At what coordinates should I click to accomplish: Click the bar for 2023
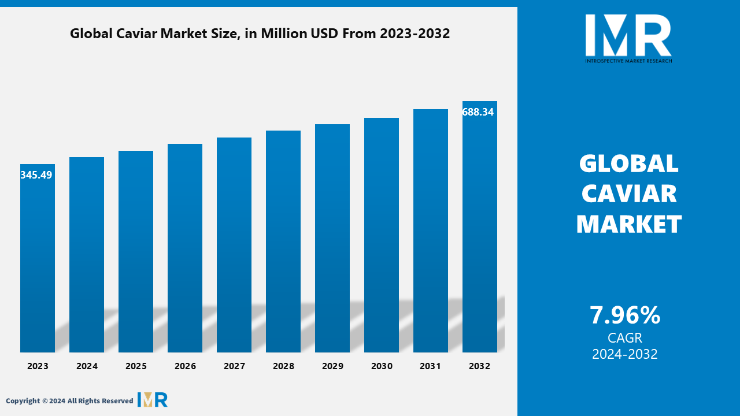tap(38, 258)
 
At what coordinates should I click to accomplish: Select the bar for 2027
tap(234, 245)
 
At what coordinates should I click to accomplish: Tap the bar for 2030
tap(382, 235)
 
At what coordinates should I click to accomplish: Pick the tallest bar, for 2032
tap(480, 227)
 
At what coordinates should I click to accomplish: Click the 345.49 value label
tap(36, 174)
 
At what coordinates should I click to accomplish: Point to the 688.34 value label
tap(478, 112)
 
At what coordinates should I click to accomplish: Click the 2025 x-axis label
tap(136, 366)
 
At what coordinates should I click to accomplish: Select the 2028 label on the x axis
tap(283, 366)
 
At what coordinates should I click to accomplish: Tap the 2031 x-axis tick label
tap(430, 366)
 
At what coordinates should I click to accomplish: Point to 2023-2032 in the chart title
tap(415, 34)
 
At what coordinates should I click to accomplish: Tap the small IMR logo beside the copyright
tap(153, 399)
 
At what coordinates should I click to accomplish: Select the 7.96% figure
tap(625, 315)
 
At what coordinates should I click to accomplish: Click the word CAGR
tap(625, 338)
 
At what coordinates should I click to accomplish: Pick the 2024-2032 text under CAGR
tap(625, 354)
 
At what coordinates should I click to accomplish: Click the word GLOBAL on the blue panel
tap(628, 164)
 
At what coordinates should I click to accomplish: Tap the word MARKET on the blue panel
tap(629, 224)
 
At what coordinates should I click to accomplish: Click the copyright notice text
tap(69, 400)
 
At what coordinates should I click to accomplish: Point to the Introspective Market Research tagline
tap(628, 61)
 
